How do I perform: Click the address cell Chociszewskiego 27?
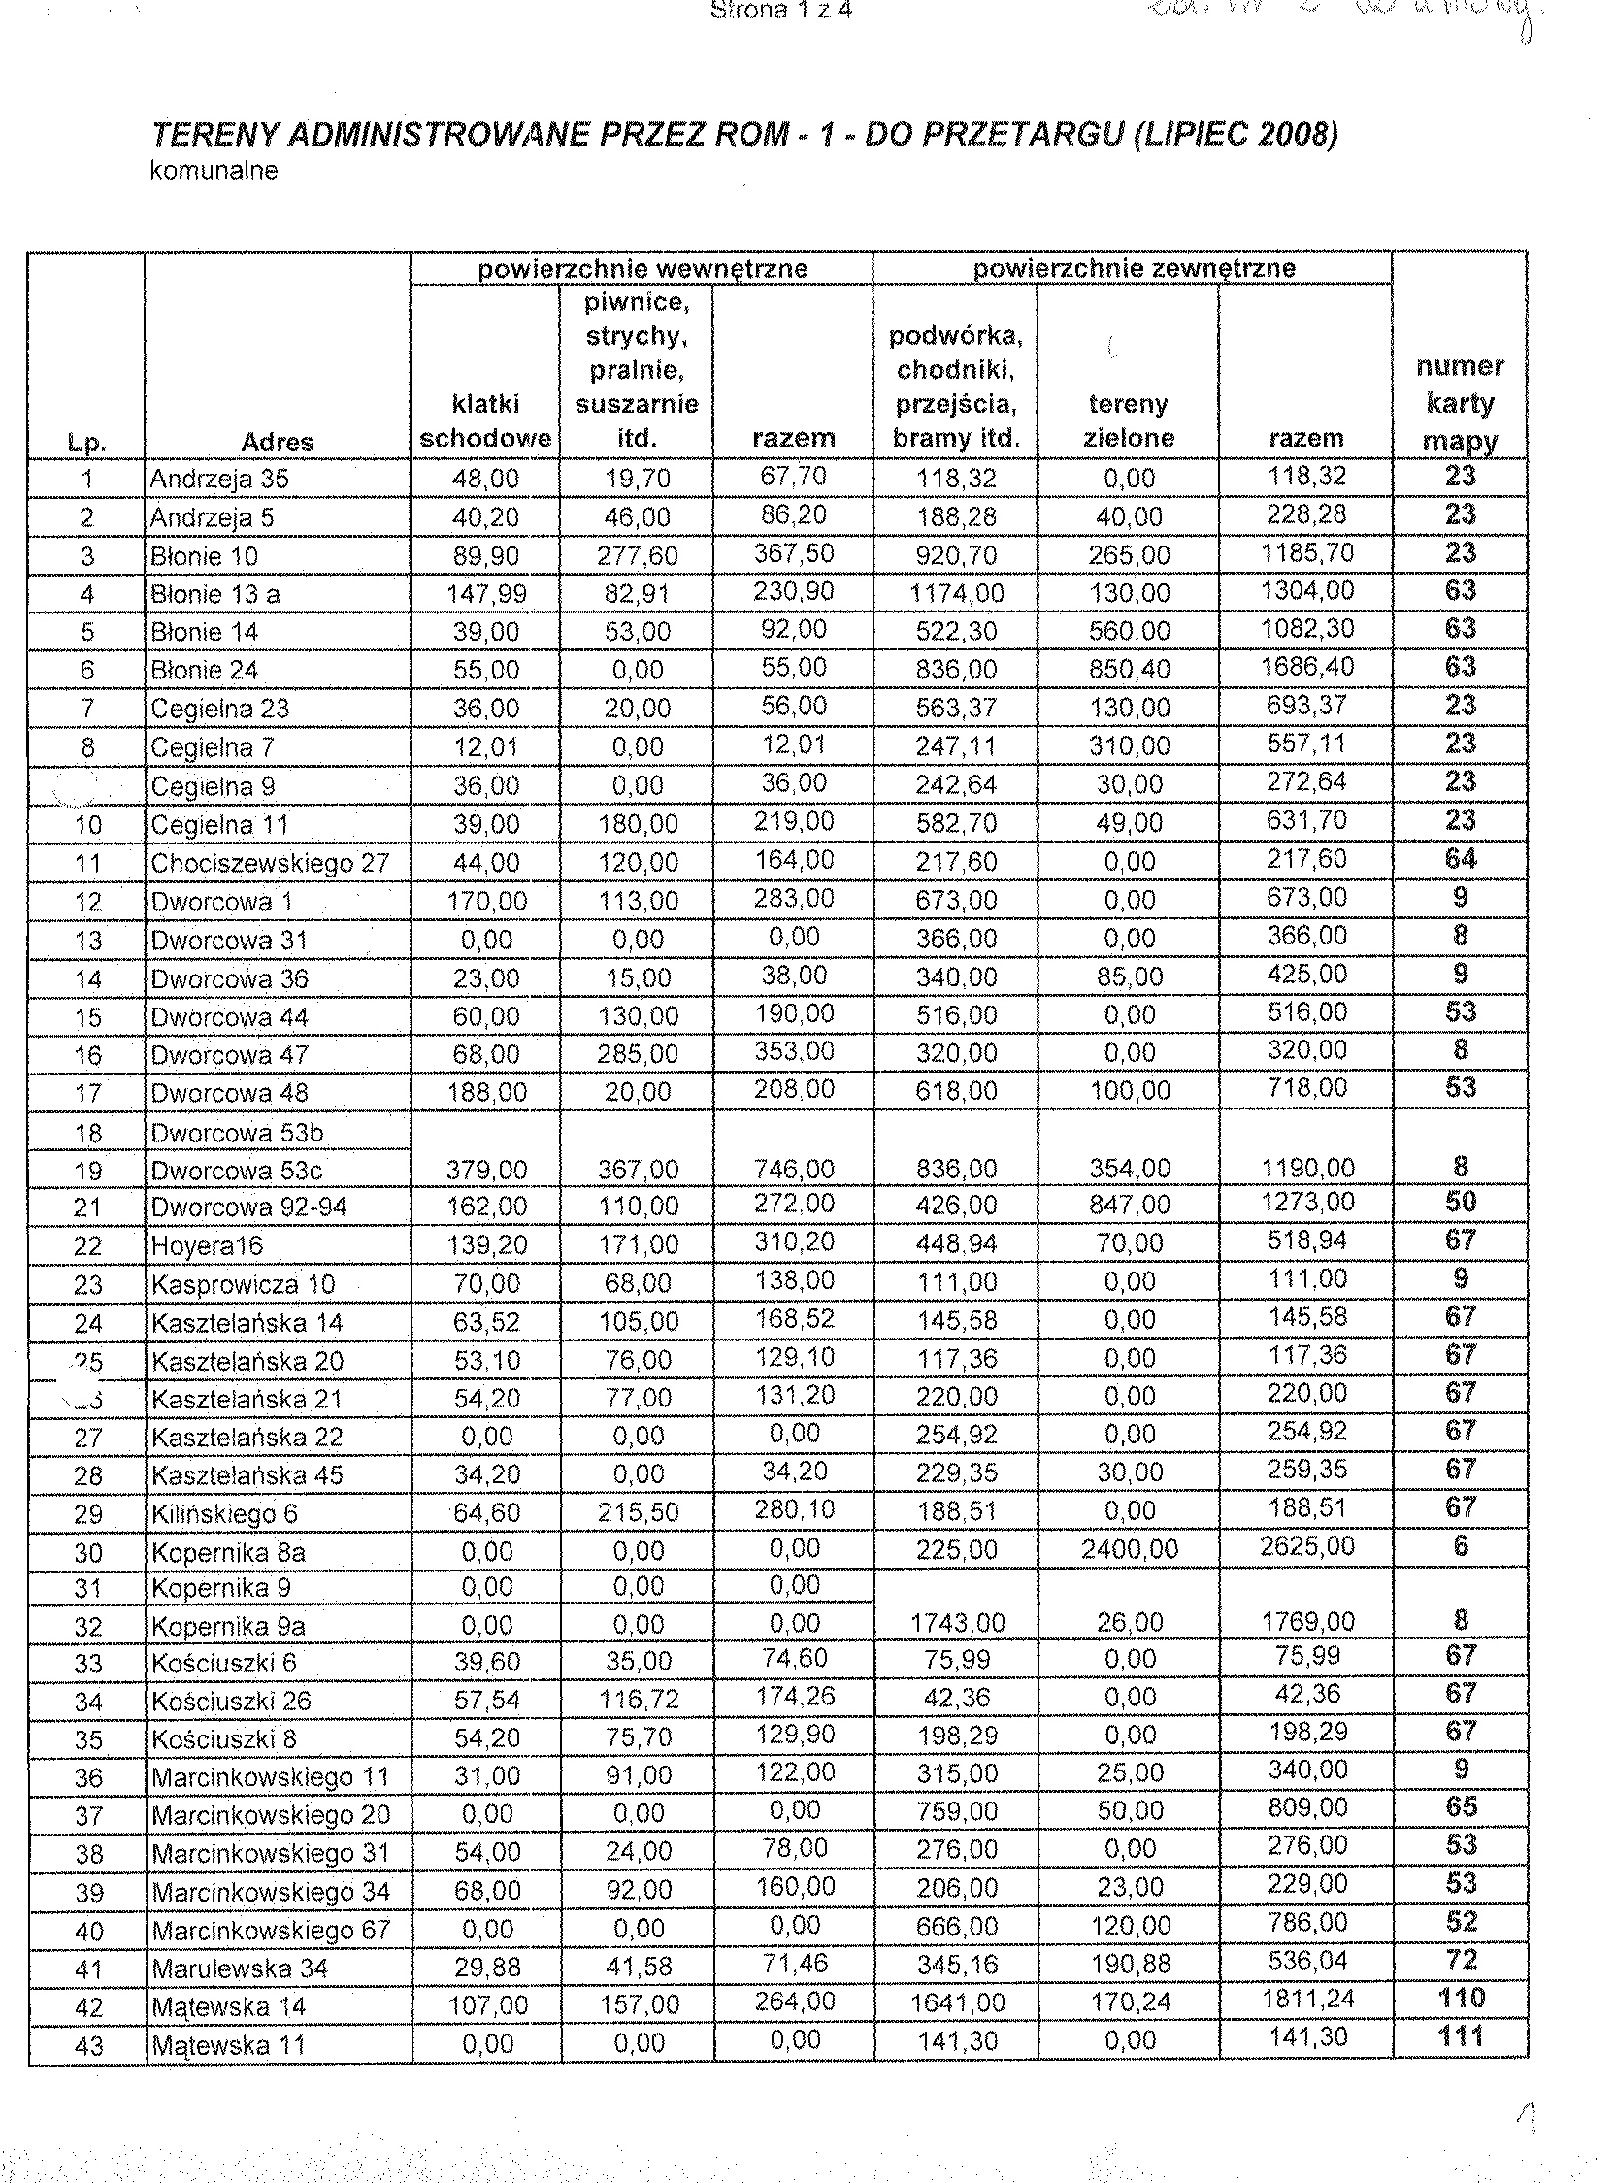tap(270, 863)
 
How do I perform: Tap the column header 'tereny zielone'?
tap(1128, 420)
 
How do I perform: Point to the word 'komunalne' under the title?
tap(214, 171)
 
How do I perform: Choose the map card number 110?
tap(1461, 1998)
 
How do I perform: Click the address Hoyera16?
tap(208, 1245)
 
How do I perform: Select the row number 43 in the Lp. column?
tap(89, 2045)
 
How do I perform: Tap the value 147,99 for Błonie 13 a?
tap(486, 593)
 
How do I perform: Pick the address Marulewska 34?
tap(240, 1968)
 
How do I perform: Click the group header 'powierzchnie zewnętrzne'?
tap(1134, 269)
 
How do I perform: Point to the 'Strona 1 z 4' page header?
tap(781, 12)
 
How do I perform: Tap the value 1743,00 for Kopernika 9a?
tap(957, 1624)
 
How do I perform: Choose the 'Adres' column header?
tap(277, 442)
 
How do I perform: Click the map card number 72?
tap(1461, 1959)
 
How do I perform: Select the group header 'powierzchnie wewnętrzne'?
tap(643, 269)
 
